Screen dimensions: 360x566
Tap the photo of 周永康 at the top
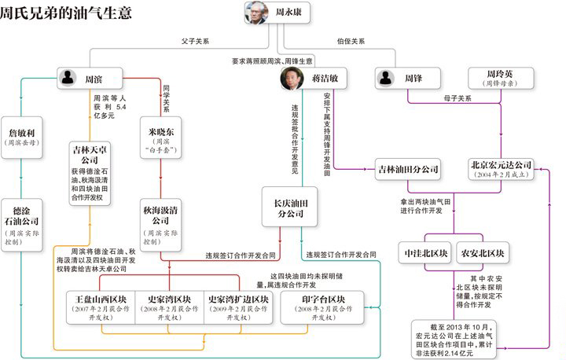[x=255, y=13]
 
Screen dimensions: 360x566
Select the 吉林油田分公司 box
[x=407, y=169]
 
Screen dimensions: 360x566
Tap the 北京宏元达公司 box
[x=502, y=170]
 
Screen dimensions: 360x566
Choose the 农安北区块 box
[x=482, y=254]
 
